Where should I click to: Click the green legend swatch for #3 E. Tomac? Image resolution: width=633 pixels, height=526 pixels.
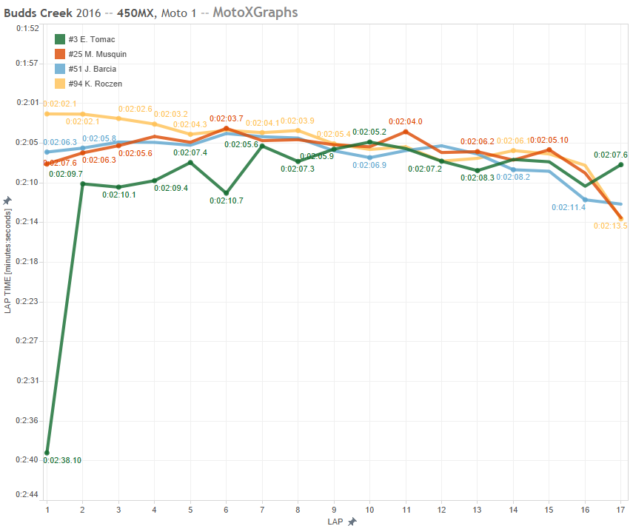[x=60, y=39]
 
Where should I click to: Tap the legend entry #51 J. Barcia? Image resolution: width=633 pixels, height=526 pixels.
[x=92, y=69]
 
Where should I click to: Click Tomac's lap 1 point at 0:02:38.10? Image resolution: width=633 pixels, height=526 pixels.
[x=47, y=453]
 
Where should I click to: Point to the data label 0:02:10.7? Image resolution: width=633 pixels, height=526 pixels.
[x=225, y=200]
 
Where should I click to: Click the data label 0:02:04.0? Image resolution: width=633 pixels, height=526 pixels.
[x=405, y=121]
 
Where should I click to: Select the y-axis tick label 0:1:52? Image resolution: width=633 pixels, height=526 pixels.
[x=27, y=28]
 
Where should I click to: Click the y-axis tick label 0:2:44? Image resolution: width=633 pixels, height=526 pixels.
[x=27, y=494]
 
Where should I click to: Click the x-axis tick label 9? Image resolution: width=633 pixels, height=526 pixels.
[x=334, y=510]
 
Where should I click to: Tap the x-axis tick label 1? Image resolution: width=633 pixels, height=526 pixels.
[x=47, y=510]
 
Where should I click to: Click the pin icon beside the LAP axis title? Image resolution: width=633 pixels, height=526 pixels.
[x=352, y=521]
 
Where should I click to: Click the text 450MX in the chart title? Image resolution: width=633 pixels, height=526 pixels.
[x=135, y=13]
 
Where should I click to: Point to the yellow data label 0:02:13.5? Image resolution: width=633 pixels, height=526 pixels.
[x=610, y=226]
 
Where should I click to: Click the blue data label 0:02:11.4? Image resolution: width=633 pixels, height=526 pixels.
[x=568, y=208]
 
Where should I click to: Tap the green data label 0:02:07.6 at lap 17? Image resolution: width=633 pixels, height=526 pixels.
[x=610, y=155]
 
